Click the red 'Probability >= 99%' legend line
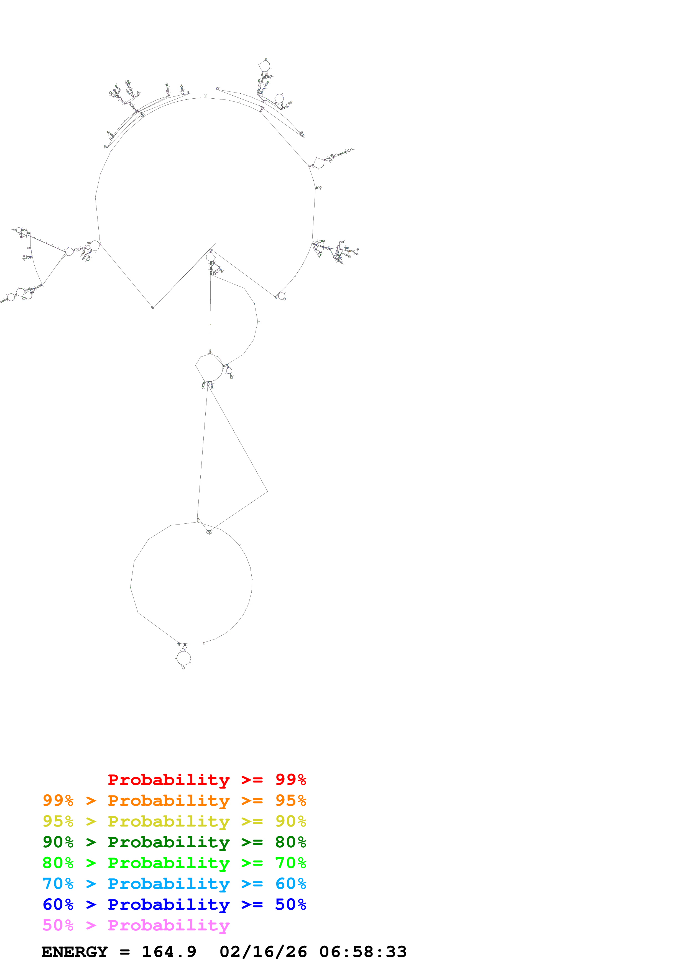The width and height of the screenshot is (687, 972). point(206,780)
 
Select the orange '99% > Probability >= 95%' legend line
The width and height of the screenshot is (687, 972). point(174,800)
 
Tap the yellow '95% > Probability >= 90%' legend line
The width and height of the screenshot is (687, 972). point(174,821)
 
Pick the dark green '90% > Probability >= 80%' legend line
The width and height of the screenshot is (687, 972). point(174,842)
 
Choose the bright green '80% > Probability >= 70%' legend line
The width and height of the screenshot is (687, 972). point(174,863)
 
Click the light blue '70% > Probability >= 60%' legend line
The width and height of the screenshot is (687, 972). point(174,884)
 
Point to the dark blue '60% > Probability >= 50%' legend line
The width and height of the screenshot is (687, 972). point(174,904)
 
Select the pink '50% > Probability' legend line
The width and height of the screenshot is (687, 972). point(136,925)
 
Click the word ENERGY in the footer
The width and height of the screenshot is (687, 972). point(75,952)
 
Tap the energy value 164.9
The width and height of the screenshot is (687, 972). point(169,952)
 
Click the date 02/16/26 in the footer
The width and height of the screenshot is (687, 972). point(263,952)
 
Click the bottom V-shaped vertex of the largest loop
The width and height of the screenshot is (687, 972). point(153,307)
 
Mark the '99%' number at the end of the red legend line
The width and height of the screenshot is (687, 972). point(290,780)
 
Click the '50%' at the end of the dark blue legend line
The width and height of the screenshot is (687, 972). point(290,904)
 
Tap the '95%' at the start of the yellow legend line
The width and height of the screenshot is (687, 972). point(58,821)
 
